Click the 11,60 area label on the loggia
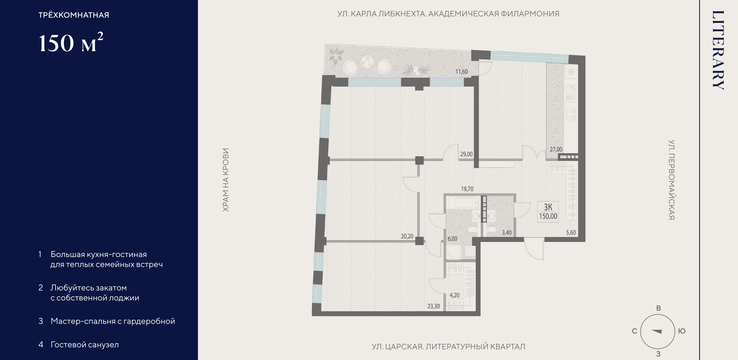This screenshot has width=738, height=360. pos(462,72)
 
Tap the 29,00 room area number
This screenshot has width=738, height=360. pos(466,154)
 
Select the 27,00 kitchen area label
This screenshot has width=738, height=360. pos(556,149)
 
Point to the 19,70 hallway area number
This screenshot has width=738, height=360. pos(467,189)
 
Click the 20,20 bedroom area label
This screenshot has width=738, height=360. pos(407,236)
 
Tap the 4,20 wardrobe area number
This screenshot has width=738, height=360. pos(455,295)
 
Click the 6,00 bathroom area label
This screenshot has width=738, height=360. pos(452,239)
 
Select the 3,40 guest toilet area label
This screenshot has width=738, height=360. pos(507,232)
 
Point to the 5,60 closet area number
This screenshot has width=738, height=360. pos(571,232)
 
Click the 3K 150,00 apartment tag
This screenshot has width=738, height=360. pos(548,211)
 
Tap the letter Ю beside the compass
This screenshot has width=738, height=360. pos(682,331)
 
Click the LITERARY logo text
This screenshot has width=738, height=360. pos(718,50)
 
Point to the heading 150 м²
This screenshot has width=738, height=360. pos(71,42)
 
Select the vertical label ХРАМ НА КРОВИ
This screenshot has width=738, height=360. pos(226,180)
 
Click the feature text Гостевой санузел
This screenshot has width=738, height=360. pos(85,345)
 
